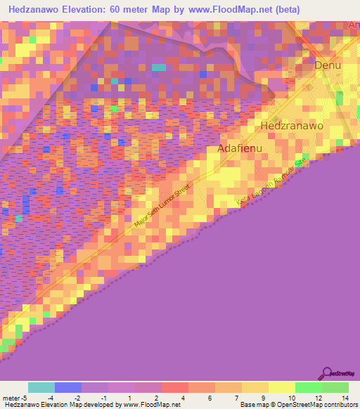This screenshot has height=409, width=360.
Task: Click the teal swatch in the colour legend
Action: [x=41, y=387]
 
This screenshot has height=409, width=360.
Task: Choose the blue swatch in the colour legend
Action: [x=67, y=387]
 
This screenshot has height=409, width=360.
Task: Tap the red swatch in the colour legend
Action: [x=174, y=387]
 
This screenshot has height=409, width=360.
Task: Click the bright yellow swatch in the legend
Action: [x=281, y=387]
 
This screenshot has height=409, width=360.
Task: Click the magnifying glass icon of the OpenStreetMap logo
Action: [x=326, y=373]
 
